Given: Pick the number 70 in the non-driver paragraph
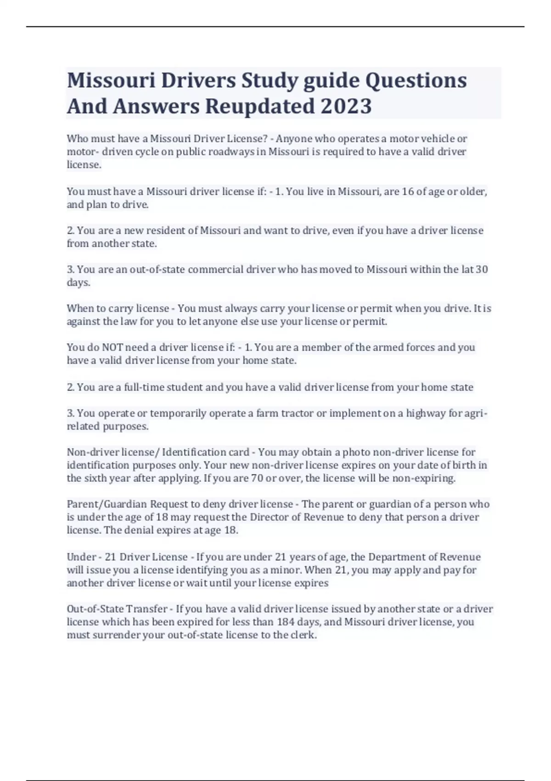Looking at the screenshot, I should (257, 478).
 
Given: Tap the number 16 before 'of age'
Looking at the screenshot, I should (408, 191).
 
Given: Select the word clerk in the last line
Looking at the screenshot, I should (303, 635).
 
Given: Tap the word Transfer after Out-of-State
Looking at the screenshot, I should (146, 609).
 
